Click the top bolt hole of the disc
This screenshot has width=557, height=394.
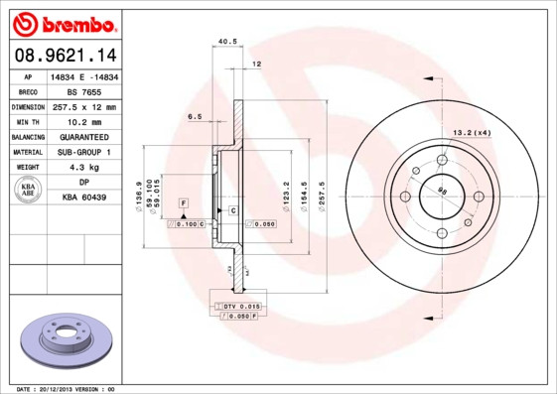click(x=441, y=159)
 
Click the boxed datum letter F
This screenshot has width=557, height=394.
click(x=183, y=202)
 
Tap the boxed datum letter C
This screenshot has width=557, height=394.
click(x=232, y=211)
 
